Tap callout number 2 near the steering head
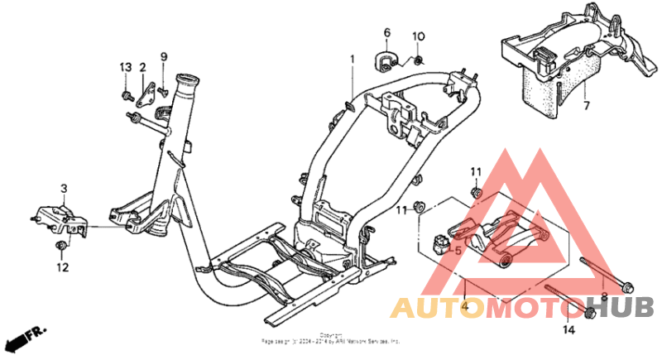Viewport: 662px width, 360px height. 142,67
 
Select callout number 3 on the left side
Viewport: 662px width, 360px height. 63,189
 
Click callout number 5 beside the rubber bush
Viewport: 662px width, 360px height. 458,249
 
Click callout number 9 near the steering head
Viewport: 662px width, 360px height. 164,56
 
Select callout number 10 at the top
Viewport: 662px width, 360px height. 418,36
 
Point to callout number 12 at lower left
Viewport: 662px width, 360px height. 63,266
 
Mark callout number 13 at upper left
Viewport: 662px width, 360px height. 126,67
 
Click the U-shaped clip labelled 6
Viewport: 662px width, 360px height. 386,60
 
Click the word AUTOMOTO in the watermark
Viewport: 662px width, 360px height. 487,308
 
